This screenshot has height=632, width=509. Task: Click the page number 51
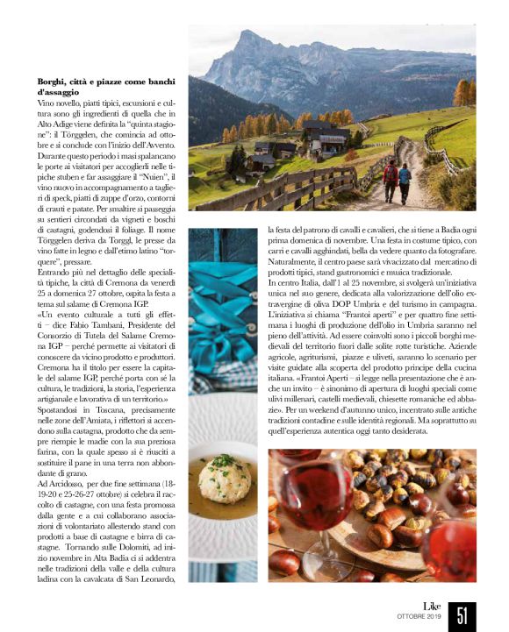click(462, 614)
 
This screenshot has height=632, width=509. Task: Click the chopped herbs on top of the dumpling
click(226, 462)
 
